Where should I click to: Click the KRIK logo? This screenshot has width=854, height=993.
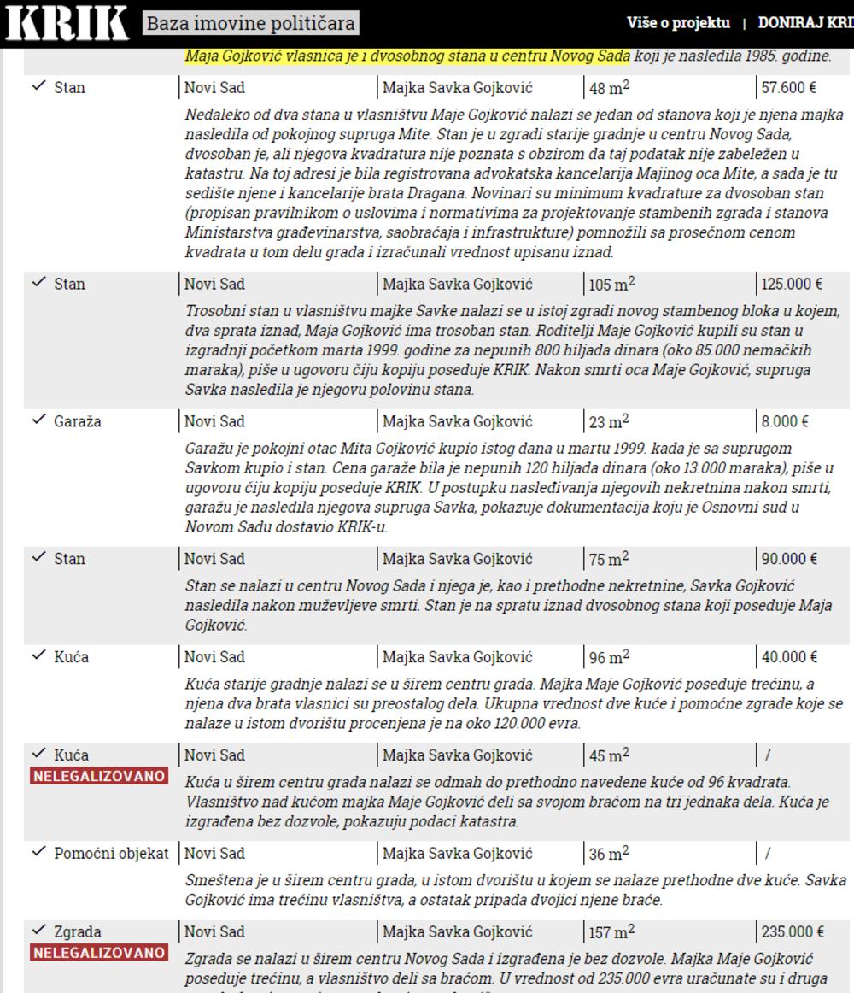[67, 24]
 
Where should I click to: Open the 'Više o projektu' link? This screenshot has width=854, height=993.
[679, 23]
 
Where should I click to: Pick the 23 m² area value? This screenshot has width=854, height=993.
[610, 421]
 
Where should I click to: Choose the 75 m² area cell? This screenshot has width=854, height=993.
[610, 559]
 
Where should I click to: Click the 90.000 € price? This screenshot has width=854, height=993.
[788, 559]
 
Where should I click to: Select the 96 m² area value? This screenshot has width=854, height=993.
[610, 657]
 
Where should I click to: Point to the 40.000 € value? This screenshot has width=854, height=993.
[788, 657]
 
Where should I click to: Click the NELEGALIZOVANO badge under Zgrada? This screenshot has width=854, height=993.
[99, 952]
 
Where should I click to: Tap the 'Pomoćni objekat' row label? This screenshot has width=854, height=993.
[110, 854]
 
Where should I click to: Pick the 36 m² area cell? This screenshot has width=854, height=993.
[610, 854]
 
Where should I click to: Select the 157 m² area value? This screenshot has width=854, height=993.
[613, 932]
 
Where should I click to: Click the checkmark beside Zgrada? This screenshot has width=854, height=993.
[38, 931]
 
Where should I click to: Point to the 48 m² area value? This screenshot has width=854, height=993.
[610, 88]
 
